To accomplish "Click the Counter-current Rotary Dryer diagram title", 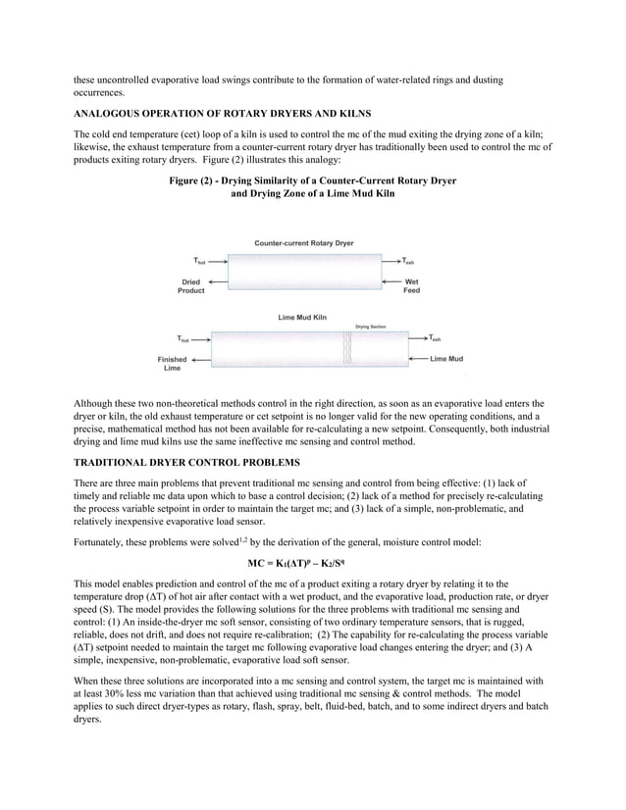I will pyautogui.click(x=304, y=242).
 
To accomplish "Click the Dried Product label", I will pyautogui.click(x=191, y=286).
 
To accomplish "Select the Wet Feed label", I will pyautogui.click(x=411, y=286).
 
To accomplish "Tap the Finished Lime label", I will pyautogui.click(x=172, y=363).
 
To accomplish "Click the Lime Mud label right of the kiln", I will pyautogui.click(x=446, y=359).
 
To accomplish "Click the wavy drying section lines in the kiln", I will pyautogui.click(x=345, y=349).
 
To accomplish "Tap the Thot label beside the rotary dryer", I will pyautogui.click(x=198, y=261).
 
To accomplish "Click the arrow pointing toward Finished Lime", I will pyautogui.click(x=200, y=359).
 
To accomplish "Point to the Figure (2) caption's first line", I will pyautogui.click(x=312, y=181).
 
